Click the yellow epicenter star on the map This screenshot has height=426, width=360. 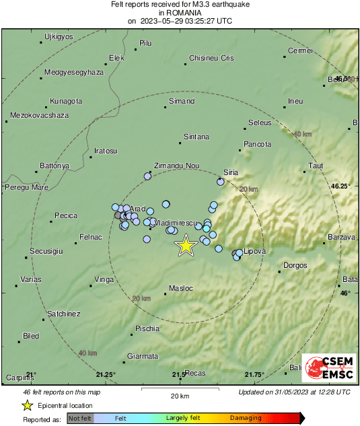185,246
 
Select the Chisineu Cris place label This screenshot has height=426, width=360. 211,59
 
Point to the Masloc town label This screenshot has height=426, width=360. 181,289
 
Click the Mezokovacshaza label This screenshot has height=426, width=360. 40,116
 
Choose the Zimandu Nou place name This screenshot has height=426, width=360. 177,166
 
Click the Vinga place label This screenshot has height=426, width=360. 104,279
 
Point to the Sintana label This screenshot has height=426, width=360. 196,137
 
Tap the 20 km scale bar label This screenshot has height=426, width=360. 180,395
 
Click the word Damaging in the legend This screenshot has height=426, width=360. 246,418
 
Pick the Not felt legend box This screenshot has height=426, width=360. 81,418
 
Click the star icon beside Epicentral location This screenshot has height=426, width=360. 27,405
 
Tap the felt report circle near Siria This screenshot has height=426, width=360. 221,182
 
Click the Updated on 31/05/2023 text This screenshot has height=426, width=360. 294,392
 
